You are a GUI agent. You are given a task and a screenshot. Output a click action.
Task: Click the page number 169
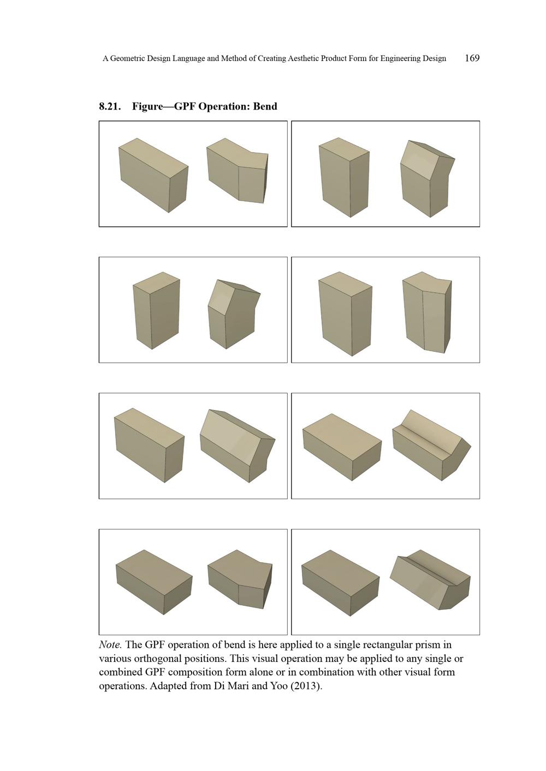click(472, 58)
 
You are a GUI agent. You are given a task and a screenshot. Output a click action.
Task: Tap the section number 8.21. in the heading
click(110, 106)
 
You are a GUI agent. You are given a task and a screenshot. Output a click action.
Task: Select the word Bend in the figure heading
click(265, 106)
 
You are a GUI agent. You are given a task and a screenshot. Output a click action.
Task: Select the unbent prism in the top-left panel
click(153, 175)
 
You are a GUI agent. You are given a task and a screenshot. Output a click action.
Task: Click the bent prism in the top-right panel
click(428, 179)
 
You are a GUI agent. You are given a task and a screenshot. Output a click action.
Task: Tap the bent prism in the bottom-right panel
click(430, 581)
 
